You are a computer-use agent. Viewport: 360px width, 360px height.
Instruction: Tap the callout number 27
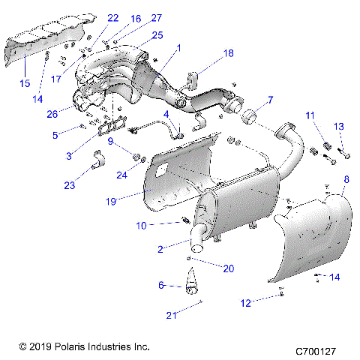[156, 17]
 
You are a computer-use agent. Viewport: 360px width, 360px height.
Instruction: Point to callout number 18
[228, 53]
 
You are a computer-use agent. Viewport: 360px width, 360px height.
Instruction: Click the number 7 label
[271, 100]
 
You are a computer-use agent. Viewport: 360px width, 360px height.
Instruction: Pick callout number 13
[338, 126]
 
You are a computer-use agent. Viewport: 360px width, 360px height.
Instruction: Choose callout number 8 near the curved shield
[346, 179]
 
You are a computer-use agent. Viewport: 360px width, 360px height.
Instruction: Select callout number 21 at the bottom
[172, 316]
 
